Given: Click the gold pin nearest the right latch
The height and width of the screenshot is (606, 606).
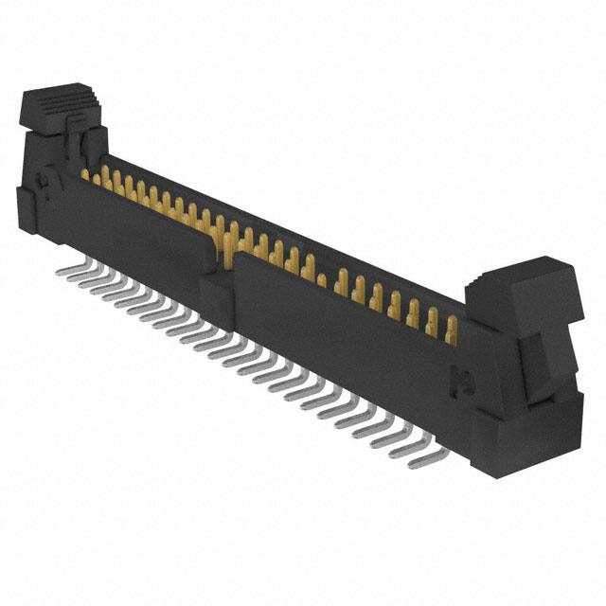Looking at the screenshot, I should coord(451,330).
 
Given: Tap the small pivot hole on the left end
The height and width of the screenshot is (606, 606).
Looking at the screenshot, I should coord(42,180).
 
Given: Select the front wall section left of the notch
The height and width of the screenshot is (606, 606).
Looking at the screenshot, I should coord(133,227).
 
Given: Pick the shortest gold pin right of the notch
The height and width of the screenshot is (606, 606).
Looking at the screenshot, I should coord(321,280).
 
